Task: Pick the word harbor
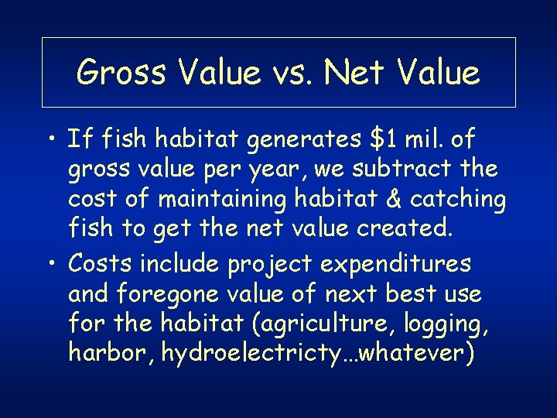coord(103,354)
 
